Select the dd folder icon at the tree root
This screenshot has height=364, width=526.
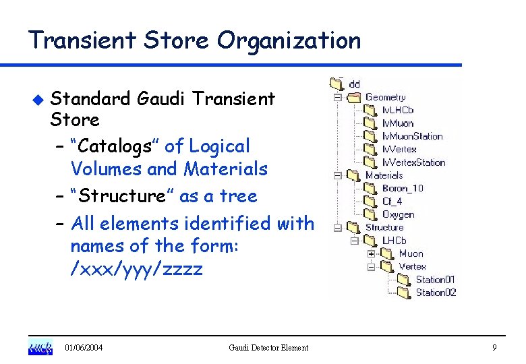337,84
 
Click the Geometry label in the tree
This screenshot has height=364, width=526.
385,97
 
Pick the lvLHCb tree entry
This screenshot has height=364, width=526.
398,110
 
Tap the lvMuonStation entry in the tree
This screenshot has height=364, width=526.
412,136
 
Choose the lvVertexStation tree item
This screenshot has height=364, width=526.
413,162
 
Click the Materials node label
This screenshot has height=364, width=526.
384,175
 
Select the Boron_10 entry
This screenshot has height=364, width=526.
403,188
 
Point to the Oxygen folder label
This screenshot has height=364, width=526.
398,214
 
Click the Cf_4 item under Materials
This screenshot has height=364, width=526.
392,202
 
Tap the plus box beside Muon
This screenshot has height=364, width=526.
370,253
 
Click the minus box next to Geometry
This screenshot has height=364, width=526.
337,97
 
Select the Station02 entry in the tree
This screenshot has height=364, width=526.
436,293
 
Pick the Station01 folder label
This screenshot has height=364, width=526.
436,279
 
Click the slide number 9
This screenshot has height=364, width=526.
494,347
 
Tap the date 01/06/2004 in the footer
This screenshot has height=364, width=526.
84,348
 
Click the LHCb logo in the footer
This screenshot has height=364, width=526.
40,347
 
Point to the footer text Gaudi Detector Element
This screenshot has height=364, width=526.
268,348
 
